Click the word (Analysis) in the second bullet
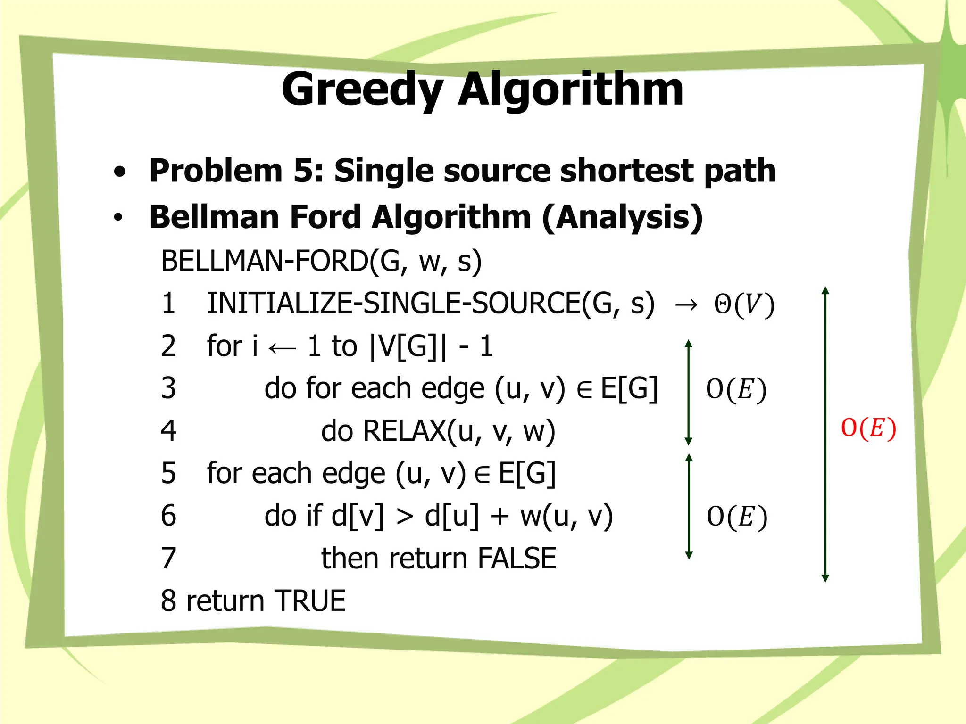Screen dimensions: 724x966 (623, 218)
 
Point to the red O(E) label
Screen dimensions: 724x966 (868, 428)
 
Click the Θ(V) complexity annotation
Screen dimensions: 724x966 (744, 305)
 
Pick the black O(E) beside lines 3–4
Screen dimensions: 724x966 (736, 390)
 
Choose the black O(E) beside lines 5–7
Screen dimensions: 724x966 (737, 517)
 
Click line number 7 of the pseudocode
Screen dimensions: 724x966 (168, 558)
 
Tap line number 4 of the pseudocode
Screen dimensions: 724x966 (168, 431)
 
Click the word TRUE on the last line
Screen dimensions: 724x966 (310, 601)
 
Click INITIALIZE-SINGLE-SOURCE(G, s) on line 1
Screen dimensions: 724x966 (431, 303)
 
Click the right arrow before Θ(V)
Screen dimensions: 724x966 (685, 305)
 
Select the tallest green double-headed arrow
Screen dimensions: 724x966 (825, 434)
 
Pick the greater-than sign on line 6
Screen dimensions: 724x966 (404, 517)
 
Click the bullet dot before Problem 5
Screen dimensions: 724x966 (120, 172)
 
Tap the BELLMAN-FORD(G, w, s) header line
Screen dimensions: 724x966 (321, 261)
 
